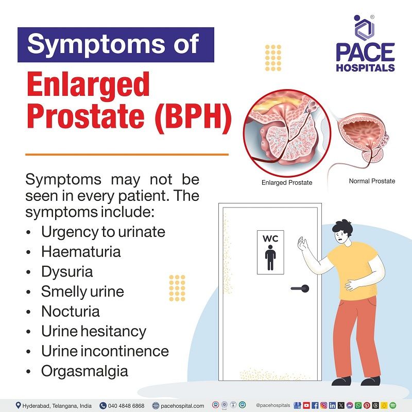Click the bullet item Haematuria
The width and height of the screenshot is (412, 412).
(x=81, y=252)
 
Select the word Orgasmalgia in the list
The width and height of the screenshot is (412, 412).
(x=84, y=371)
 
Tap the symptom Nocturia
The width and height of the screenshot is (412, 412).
(x=71, y=312)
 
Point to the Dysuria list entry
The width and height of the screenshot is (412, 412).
(x=67, y=271)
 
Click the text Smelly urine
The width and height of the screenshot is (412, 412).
(x=82, y=291)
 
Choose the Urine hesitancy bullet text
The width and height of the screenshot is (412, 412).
(x=94, y=331)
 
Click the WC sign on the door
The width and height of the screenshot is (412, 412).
(x=270, y=252)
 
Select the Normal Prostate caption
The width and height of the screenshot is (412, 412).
(x=372, y=181)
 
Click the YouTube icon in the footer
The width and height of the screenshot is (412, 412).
(x=307, y=405)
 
